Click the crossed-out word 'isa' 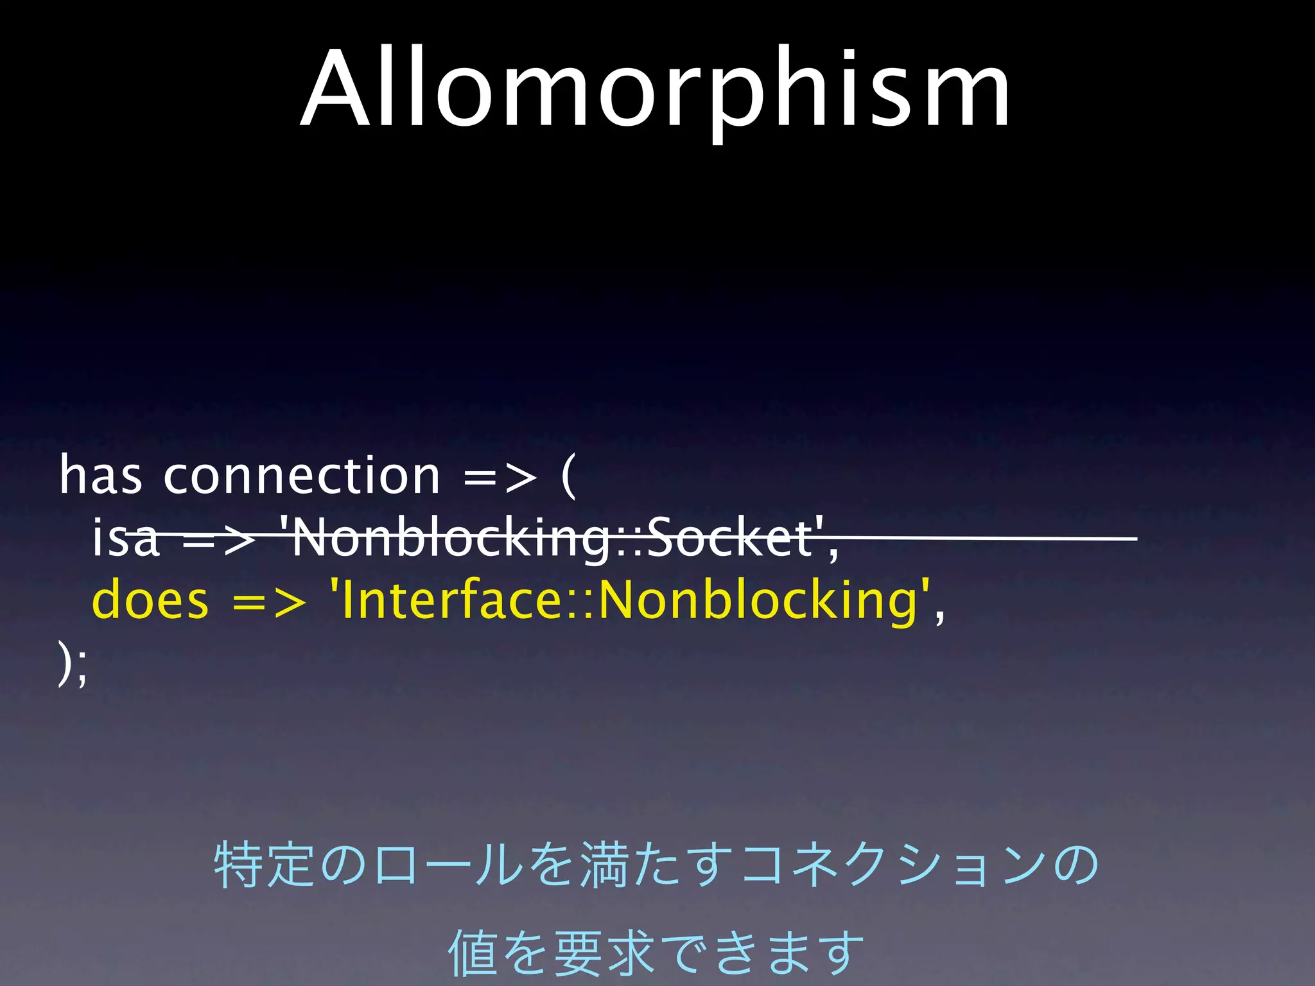click(x=125, y=538)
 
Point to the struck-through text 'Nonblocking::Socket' click(x=552, y=538)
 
